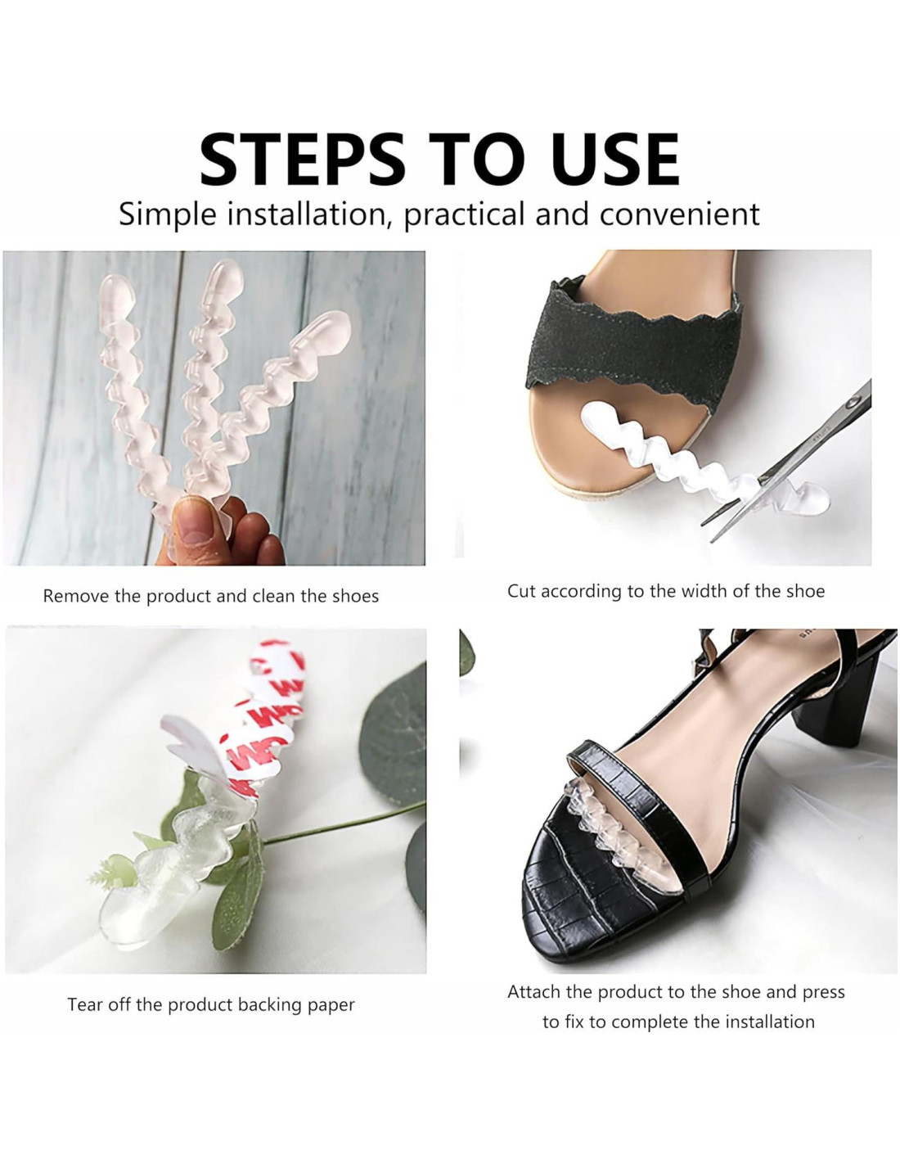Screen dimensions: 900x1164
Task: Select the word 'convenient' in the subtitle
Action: [x=679, y=214]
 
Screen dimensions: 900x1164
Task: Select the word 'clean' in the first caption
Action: [x=273, y=596]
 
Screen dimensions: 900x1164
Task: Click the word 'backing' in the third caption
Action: [x=269, y=1005]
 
